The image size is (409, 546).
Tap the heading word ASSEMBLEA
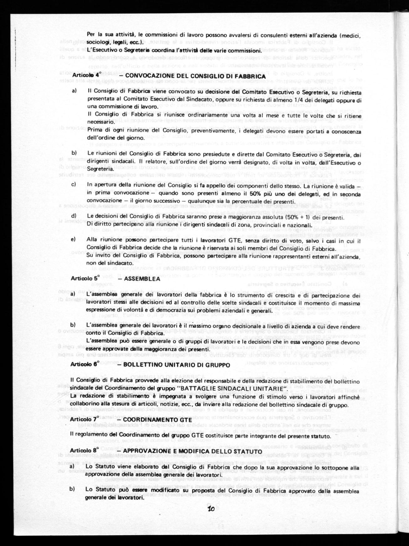(142, 279)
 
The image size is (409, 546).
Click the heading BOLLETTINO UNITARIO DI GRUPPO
(177, 365)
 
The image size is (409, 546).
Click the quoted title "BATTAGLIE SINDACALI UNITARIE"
(232, 389)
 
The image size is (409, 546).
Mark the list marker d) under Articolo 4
(74, 216)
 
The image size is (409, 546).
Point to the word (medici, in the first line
(349, 35)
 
